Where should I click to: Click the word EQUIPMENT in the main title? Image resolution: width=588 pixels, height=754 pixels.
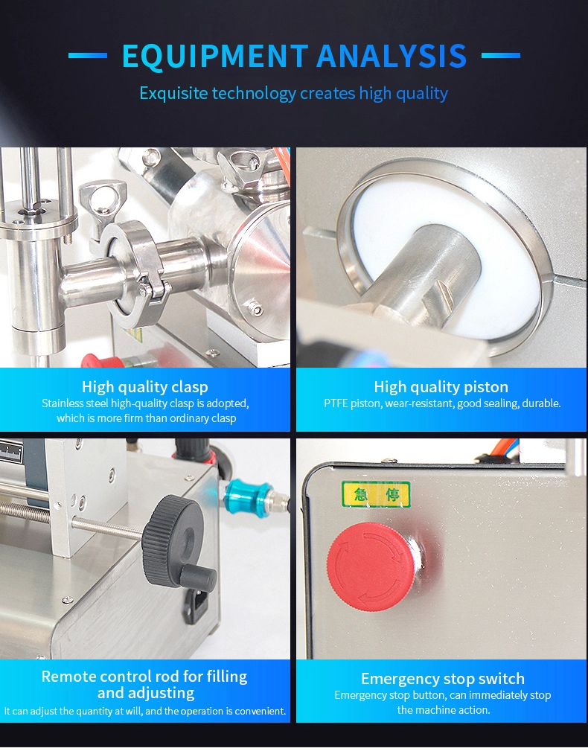point(214,56)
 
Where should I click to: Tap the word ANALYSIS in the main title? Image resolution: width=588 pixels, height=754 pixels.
point(392,56)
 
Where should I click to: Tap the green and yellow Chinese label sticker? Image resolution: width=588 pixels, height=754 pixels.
point(375,494)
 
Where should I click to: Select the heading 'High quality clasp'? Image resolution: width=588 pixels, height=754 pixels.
point(144,386)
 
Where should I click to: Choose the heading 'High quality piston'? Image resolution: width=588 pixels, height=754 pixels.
point(441,386)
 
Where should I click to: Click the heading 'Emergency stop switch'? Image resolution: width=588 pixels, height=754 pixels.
point(442,679)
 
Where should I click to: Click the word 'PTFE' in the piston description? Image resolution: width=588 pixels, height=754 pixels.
point(336,403)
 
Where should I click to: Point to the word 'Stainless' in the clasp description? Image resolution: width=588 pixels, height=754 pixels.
point(63,403)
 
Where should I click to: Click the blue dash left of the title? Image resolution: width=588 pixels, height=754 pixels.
point(88,56)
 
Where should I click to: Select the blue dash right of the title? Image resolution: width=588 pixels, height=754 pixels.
point(500,56)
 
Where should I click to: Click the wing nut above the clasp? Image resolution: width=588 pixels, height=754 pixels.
point(103,198)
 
